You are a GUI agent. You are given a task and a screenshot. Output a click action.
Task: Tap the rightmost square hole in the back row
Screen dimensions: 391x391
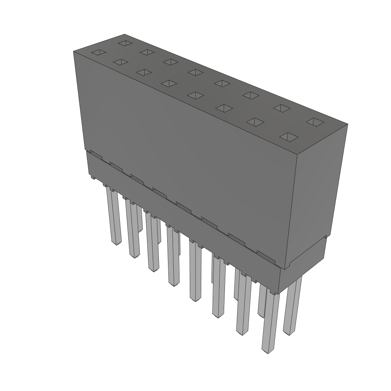(315, 122)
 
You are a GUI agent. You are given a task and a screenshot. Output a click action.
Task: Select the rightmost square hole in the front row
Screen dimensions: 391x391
(290, 136)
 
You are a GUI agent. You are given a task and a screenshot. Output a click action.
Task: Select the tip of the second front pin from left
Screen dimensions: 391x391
(134, 255)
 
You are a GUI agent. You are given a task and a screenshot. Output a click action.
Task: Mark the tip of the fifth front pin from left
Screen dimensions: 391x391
(195, 299)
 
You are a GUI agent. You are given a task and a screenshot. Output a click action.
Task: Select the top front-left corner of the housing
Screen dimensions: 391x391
(73, 51)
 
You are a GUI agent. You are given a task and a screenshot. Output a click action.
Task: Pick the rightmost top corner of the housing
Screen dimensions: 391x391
(347, 124)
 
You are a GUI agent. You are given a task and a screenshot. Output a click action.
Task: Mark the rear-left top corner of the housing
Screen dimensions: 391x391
(124, 34)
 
